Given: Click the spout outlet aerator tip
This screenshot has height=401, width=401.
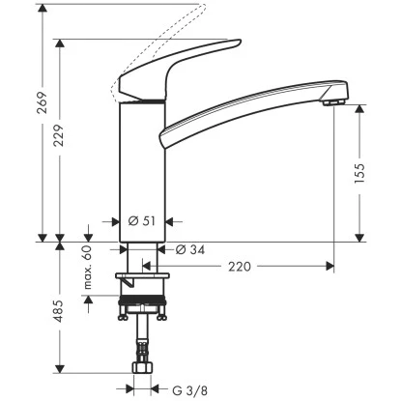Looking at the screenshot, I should [333, 100].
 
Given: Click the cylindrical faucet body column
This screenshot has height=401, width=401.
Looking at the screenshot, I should [139, 164].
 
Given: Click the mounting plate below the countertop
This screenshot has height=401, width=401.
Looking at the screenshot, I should [145, 279].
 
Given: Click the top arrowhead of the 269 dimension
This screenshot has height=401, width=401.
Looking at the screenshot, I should [41, 7].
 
